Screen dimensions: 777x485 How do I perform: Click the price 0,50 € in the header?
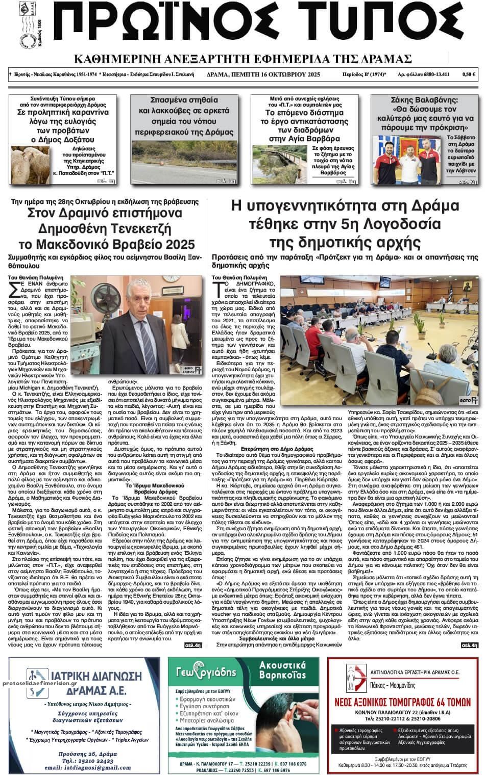[469, 74]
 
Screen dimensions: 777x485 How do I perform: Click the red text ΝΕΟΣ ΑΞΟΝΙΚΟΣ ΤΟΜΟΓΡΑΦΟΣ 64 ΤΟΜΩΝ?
[402, 702]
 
